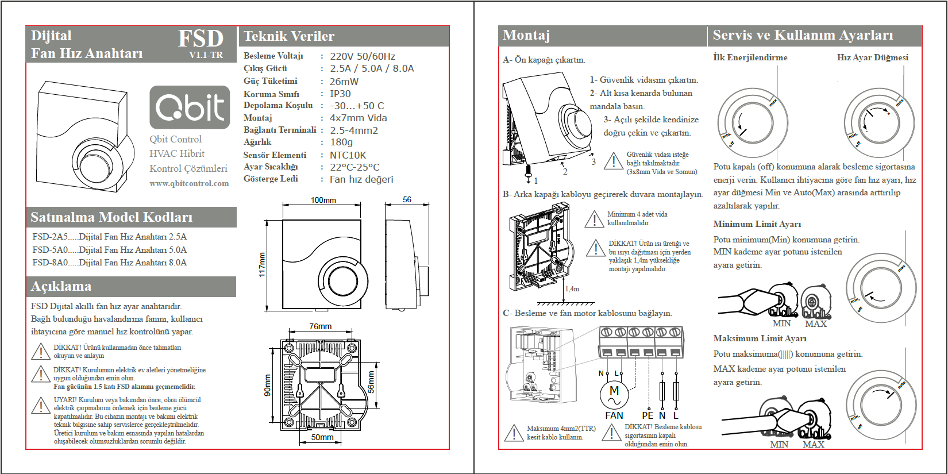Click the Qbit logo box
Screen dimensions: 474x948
pos(190,107)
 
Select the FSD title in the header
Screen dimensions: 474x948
pos(201,39)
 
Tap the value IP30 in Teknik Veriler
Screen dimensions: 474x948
pos(340,94)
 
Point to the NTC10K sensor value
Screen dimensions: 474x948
pos(348,155)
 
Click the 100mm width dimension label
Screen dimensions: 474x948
pos(323,200)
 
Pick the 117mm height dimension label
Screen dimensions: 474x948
pos(262,264)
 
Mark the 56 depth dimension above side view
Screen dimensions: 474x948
pos(407,199)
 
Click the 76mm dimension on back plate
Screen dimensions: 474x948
pos(320,326)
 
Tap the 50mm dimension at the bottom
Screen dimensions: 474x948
pos(322,437)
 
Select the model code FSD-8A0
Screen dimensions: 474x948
pos(50,263)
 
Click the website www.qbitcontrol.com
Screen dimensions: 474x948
pos(189,183)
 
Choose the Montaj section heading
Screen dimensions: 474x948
pos(526,36)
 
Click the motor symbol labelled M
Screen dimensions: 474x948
pos(614,393)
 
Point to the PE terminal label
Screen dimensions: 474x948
pos(648,415)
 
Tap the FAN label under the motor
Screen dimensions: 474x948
pos(614,415)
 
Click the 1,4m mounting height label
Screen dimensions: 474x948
pos(572,289)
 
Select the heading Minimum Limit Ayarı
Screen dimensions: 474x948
pos(757,224)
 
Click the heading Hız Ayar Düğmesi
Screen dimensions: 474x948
pos(872,57)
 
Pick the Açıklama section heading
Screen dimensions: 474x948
pos(61,286)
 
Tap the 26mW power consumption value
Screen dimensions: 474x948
pos(344,82)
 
